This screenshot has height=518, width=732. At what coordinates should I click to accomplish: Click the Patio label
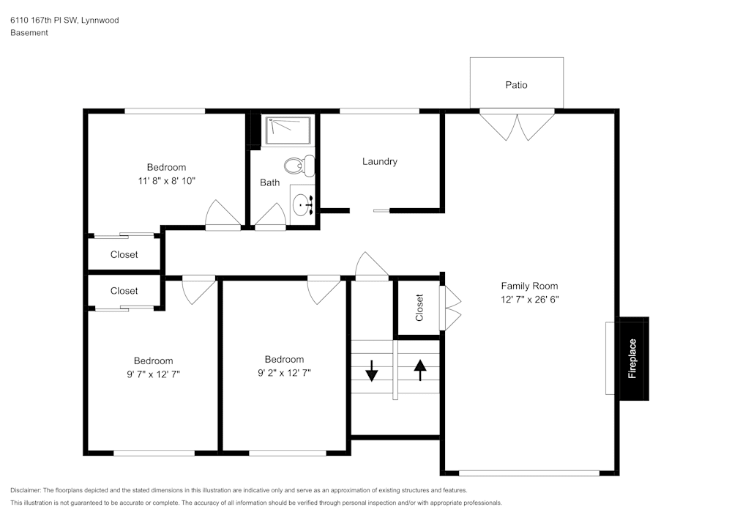point(516,85)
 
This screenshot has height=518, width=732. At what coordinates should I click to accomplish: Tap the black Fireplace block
point(633,358)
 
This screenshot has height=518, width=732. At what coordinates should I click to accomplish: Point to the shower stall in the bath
point(288,130)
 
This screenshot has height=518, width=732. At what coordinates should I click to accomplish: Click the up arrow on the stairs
point(420,370)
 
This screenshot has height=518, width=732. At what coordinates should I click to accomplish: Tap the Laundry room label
point(380,161)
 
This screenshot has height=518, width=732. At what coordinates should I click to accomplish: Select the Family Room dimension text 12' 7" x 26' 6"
point(529,299)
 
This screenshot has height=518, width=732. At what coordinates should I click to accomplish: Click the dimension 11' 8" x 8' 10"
point(166,180)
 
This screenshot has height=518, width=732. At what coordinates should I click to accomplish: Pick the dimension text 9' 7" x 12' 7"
point(153,374)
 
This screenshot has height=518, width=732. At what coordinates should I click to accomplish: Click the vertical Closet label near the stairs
point(419,308)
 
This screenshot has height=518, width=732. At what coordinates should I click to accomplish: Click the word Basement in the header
point(29,33)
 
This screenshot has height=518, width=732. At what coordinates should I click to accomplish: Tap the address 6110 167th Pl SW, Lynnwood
point(64,21)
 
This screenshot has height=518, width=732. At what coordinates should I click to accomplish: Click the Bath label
point(269,182)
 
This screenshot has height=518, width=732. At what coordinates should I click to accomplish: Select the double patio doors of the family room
point(516,125)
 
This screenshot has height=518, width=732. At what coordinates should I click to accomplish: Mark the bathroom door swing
point(270,217)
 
